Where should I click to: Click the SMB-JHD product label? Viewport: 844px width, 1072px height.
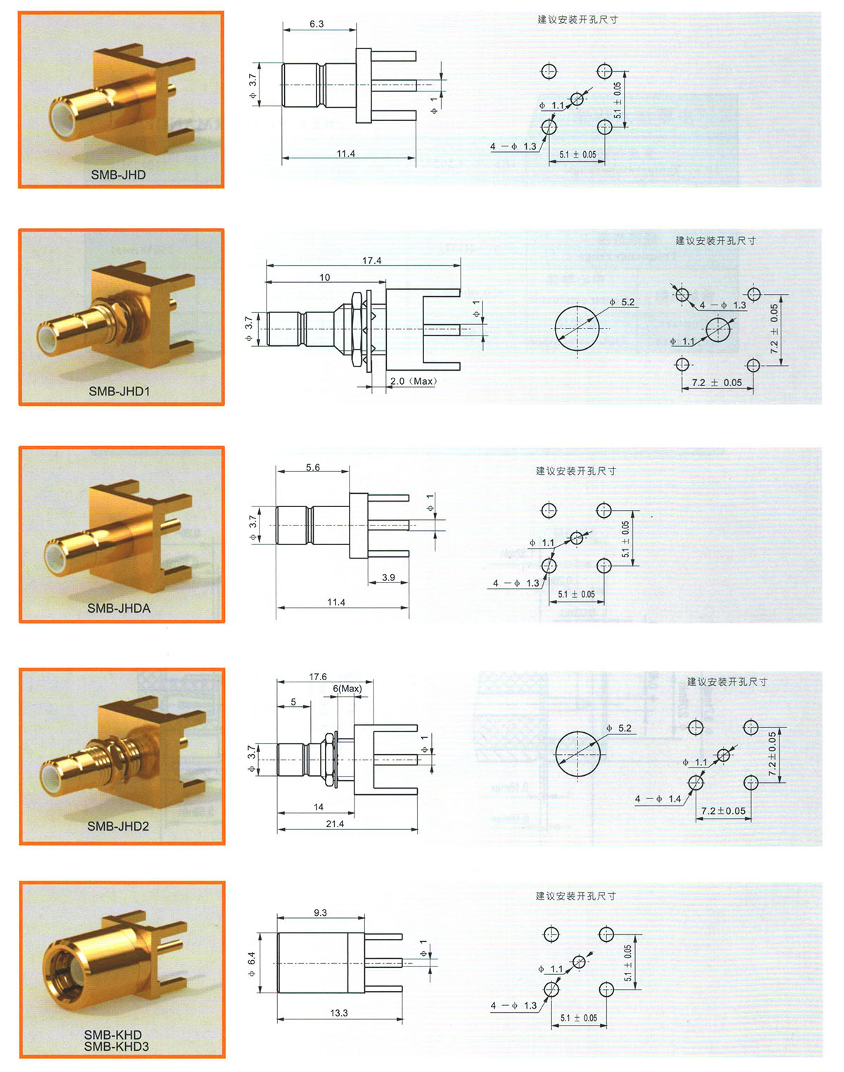[x=118, y=175]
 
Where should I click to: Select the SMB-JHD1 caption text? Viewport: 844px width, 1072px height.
[x=119, y=391]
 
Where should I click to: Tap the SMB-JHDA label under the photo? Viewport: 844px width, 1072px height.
[x=119, y=608]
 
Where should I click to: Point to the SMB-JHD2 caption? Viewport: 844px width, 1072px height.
[x=118, y=826]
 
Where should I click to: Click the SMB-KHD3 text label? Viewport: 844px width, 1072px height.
[x=117, y=1047]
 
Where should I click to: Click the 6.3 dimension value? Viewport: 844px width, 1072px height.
[x=316, y=24]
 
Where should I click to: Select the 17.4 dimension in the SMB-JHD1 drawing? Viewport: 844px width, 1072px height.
[x=371, y=260]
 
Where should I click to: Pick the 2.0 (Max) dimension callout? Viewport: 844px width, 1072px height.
[x=413, y=381]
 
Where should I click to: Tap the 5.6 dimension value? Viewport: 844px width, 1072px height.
[x=313, y=467]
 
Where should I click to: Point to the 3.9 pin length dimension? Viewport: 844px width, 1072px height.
[x=388, y=578]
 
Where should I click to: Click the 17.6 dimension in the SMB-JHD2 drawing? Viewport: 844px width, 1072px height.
[x=317, y=677]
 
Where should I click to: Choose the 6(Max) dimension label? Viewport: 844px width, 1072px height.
[x=347, y=689]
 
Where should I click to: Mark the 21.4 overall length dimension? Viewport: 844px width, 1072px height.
[x=335, y=824]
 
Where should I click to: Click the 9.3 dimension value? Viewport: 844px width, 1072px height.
[x=320, y=912]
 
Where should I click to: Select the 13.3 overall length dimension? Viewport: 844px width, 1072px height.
[x=339, y=1013]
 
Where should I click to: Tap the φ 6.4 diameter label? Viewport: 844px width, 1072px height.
[x=251, y=964]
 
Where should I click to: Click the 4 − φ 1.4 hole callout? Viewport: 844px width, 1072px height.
[x=658, y=799]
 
